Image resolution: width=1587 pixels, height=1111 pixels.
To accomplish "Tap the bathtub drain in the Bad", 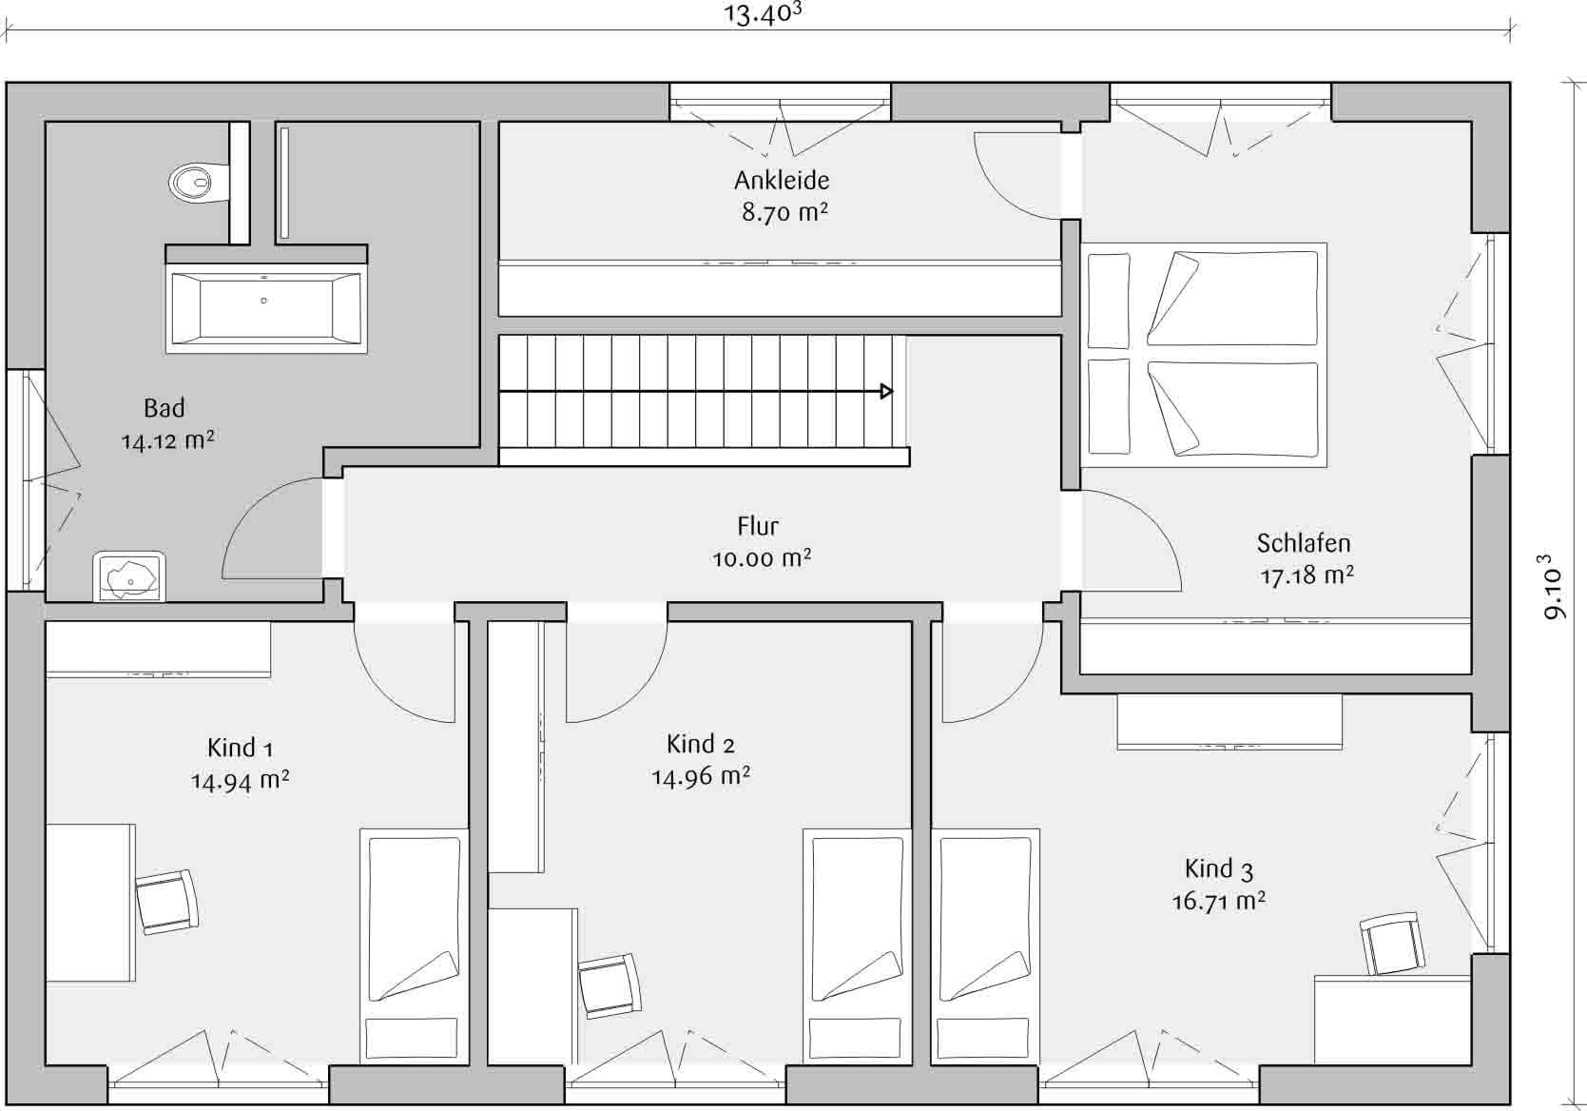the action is pyautogui.click(x=263, y=301).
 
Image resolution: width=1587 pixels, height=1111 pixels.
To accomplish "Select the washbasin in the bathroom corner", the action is pyautogui.click(x=129, y=576).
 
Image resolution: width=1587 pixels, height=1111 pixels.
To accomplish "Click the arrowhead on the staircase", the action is pyautogui.click(x=886, y=391).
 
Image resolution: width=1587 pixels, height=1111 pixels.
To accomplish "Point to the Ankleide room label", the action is pyautogui.click(x=782, y=181).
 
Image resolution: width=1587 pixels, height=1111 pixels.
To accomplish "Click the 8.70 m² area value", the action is pyautogui.click(x=784, y=212).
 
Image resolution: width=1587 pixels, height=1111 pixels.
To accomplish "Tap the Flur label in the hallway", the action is pyautogui.click(x=758, y=526).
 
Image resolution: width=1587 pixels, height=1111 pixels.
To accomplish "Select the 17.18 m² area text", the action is pyautogui.click(x=1307, y=575).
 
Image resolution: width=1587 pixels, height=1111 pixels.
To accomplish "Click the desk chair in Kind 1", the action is pyautogui.click(x=167, y=902).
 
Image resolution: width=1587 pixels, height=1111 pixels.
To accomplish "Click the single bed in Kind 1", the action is pyautogui.click(x=415, y=946).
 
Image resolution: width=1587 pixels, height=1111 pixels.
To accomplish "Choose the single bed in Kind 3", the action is pyautogui.click(x=985, y=946).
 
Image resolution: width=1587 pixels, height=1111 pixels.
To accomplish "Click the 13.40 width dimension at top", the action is pyautogui.click(x=763, y=13).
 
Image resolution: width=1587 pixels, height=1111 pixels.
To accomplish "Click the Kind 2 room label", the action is pyautogui.click(x=701, y=744).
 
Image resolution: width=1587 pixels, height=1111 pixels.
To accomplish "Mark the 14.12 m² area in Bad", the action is pyautogui.click(x=168, y=440).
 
